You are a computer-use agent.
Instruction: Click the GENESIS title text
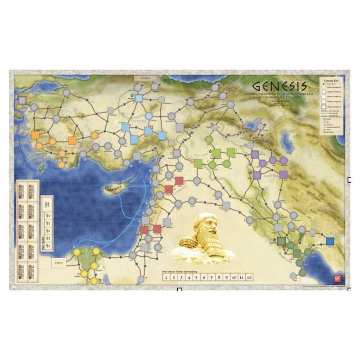pos(280,85)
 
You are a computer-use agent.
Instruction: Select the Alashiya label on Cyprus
pos(110,190)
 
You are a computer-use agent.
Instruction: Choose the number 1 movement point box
pos(166,278)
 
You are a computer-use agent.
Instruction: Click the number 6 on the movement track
pos(204,278)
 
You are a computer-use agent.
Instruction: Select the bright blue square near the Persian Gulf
pos(330,241)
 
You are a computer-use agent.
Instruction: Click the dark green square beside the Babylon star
pos(281,241)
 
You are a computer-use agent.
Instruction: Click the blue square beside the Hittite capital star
pos(139,98)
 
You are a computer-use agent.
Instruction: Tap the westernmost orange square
pos(35,135)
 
